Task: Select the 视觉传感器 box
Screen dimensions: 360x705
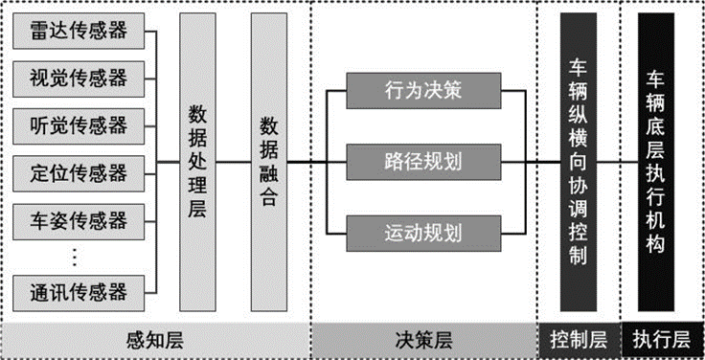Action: click(x=79, y=77)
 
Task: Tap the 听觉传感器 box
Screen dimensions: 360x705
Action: click(x=79, y=124)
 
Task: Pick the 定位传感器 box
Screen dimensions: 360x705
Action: click(x=79, y=172)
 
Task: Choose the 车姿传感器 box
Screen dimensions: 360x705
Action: click(x=79, y=220)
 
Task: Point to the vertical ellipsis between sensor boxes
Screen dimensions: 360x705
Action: click(x=77, y=256)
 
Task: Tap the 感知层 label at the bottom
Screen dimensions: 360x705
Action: click(x=154, y=340)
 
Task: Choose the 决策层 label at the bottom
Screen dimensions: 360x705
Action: click(x=422, y=340)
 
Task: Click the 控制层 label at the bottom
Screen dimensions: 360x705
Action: click(x=579, y=340)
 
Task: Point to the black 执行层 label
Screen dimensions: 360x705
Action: click(x=662, y=340)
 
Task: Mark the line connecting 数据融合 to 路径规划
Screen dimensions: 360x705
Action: click(x=307, y=161)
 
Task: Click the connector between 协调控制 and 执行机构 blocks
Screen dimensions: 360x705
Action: click(x=618, y=161)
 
